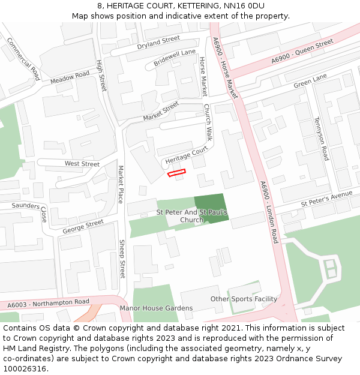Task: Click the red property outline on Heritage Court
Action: [x=176, y=173]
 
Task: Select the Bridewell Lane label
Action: [x=175, y=58]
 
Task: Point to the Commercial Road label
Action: [x=23, y=59]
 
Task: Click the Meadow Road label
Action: [x=70, y=77]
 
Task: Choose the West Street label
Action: [x=82, y=164]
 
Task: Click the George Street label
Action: [x=83, y=226]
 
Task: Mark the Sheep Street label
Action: [x=122, y=259]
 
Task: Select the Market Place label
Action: [x=121, y=184]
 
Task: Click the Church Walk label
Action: [x=208, y=122]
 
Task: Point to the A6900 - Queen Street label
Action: [x=302, y=52]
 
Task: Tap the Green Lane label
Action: [x=310, y=82]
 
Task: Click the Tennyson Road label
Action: [x=321, y=139]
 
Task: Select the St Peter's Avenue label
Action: [x=326, y=198]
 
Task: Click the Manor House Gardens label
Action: [x=156, y=308]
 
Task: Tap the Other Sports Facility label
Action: [x=244, y=299]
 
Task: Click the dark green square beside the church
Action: [x=211, y=209]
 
